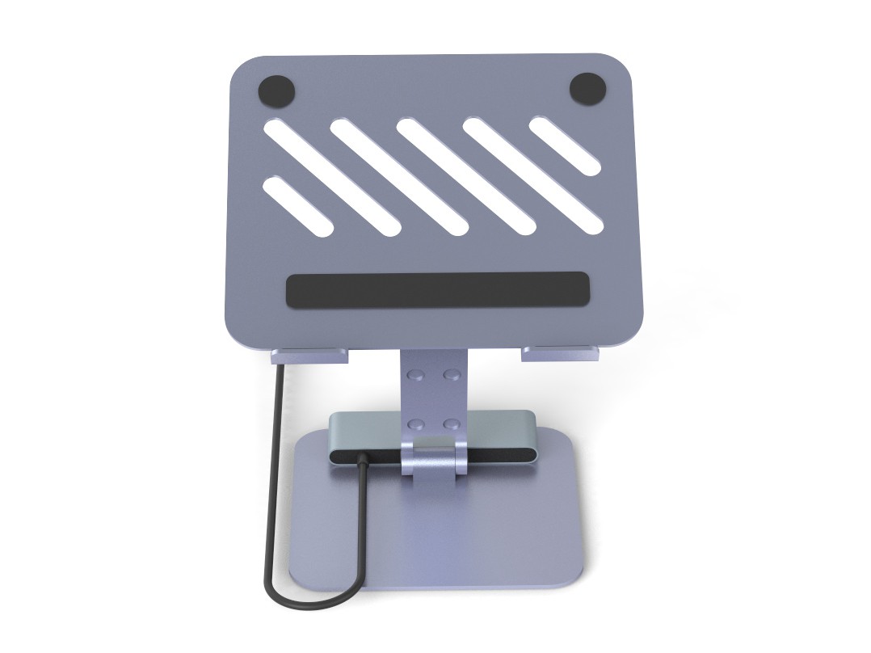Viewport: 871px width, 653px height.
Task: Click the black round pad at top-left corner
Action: [x=277, y=90]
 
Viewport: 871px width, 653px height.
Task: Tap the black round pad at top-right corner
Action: [x=587, y=88]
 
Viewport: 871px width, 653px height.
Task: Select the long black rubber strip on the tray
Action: [x=437, y=289]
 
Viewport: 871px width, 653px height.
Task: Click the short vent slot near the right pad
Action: [x=565, y=146]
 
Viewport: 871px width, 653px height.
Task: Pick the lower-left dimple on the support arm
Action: [x=415, y=423]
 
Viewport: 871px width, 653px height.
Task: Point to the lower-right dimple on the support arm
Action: [x=452, y=423]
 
